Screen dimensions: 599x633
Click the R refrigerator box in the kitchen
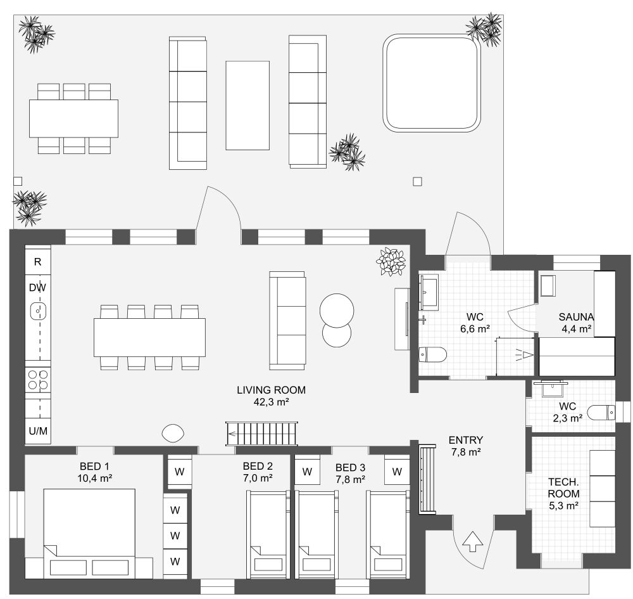[37, 261]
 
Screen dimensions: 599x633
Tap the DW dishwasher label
[37, 287]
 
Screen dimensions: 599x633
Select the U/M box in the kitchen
[38, 431]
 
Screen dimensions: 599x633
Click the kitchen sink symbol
[39, 311]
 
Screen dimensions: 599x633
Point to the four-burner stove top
[38, 380]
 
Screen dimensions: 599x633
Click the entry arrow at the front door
[472, 542]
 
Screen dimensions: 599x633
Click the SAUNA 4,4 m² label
[575, 323]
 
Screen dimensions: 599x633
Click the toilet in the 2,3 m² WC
[600, 413]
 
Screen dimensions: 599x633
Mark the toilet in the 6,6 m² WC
[434, 354]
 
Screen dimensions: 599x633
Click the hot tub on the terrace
[430, 82]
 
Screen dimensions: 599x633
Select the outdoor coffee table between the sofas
[248, 105]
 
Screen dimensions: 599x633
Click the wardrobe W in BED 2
[180, 472]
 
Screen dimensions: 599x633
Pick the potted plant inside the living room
[391, 261]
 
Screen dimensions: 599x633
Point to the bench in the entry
[428, 479]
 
